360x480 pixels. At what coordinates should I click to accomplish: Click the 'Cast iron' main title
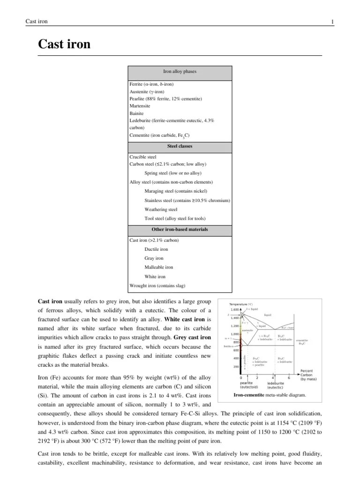point(64,45)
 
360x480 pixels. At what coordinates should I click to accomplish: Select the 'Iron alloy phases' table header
point(180,72)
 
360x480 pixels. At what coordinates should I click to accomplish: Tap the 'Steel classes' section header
point(180,146)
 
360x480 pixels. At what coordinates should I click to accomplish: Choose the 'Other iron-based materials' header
point(180,230)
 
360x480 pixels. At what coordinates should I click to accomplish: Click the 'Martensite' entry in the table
point(140,106)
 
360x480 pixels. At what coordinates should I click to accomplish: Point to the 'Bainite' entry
point(137,113)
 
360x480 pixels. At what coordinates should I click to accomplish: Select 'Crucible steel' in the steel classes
point(143,157)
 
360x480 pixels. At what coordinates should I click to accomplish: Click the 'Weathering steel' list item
point(161,210)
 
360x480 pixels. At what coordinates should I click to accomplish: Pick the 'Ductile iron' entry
point(156,249)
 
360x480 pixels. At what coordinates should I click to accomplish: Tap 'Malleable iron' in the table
point(159,267)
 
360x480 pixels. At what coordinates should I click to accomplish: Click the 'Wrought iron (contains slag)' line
point(156,285)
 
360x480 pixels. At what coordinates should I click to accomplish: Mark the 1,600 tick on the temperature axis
point(234,309)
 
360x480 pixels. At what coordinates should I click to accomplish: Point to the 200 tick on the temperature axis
point(236,367)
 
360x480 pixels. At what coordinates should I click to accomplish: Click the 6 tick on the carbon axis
point(289,377)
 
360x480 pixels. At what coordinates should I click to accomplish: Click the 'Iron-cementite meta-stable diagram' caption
point(269,395)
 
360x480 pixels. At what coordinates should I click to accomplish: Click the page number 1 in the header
point(332,22)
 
